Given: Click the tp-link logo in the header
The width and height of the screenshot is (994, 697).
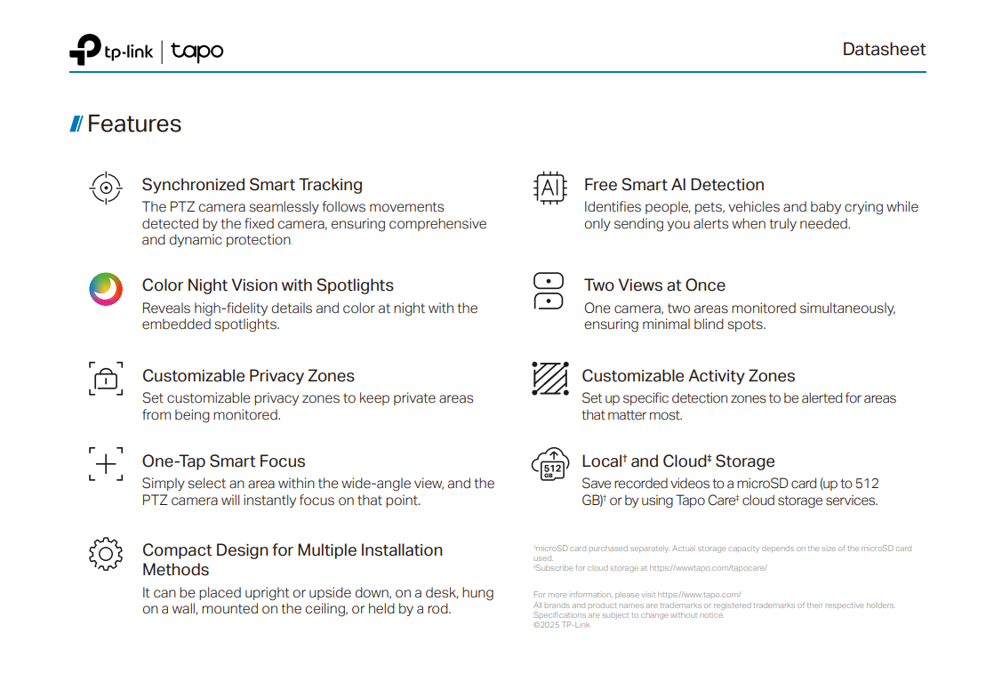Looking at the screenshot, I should [x=111, y=51].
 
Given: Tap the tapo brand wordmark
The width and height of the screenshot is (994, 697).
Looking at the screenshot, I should [x=197, y=52].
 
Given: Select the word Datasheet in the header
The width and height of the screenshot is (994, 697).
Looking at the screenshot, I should [x=884, y=50].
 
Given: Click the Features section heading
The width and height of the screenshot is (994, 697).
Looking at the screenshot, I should [x=133, y=124].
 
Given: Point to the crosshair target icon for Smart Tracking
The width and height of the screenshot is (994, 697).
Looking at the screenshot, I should [x=106, y=188].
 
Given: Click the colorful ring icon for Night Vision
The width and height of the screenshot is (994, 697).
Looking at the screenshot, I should [x=106, y=289].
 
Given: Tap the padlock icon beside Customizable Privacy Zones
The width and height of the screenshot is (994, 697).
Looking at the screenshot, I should [x=106, y=379].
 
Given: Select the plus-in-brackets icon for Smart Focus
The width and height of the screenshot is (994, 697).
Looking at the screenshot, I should [x=106, y=464].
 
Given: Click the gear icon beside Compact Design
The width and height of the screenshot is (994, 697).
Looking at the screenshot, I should [x=106, y=554].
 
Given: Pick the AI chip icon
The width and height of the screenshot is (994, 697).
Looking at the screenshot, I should [x=549, y=188].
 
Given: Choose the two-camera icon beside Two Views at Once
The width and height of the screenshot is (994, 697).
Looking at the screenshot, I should [x=549, y=291].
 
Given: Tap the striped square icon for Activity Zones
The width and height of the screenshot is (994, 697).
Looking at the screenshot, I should [x=549, y=379].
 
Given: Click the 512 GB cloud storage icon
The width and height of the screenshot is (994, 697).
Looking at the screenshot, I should [x=549, y=465].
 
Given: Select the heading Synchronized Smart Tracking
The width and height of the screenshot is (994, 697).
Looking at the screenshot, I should [x=253, y=185].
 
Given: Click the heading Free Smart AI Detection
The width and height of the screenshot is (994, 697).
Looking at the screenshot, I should [x=674, y=185].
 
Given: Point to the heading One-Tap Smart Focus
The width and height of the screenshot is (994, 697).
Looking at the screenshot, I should [x=224, y=461].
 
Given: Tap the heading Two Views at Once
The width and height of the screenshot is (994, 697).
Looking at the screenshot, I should [x=654, y=285].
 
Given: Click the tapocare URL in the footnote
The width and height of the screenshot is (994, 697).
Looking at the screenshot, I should [x=712, y=568].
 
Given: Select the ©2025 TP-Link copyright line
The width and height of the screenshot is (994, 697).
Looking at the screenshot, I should [x=561, y=625].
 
